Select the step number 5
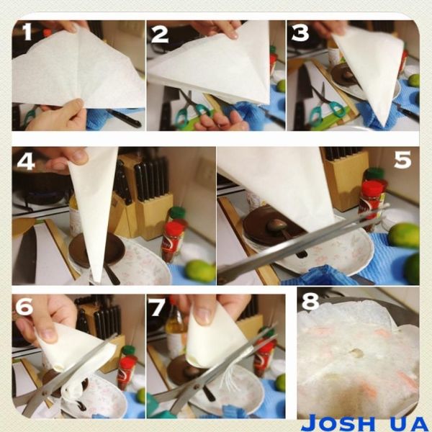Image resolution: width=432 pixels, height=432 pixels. pos(401,159)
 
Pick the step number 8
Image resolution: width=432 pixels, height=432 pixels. pos(310,302)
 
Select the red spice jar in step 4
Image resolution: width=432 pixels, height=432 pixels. pos(173,241)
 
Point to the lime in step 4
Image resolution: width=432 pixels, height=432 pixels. pos(200,271)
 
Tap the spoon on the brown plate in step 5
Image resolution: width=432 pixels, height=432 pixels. pos(277,232)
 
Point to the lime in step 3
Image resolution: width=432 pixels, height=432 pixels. pos(413,80)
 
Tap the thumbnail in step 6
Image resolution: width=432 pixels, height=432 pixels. pos(47,334)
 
